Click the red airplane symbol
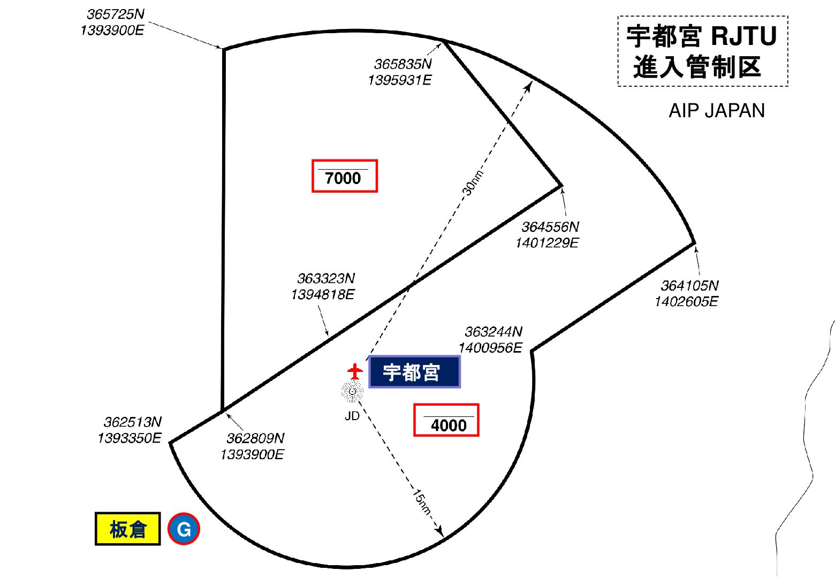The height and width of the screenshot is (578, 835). pos(355,371)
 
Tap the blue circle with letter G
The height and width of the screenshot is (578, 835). pos(184,529)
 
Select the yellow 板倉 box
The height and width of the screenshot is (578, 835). pos(128,529)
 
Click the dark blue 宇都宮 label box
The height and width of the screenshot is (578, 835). pos(414,372)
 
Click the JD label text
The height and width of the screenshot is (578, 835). pos(352,416)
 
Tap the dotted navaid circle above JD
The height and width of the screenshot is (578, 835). pos(352,392)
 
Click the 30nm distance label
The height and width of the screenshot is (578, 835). pos(473,182)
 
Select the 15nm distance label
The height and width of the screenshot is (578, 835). pos(422,502)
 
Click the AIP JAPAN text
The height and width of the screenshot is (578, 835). pos(717,111)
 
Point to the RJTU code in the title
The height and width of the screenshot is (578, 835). pos(744,36)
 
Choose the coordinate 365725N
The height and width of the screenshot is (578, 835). pos(116,14)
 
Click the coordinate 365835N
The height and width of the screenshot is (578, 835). pos(403,64)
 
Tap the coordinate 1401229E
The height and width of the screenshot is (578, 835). pos(547,243)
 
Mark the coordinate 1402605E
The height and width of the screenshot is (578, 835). pos(686,301)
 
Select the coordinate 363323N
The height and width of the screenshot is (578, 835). pos(326,278)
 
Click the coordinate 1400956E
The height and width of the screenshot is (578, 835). pos(490,348)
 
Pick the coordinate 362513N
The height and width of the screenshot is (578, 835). pos(133,422)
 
